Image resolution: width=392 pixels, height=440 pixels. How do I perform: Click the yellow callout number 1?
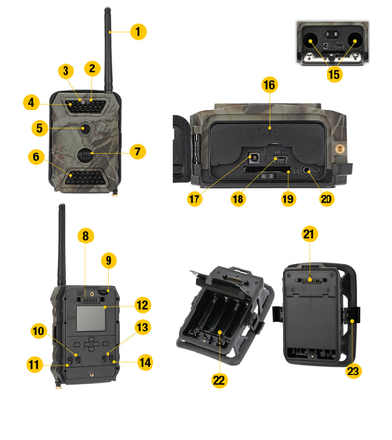[x=138, y=32]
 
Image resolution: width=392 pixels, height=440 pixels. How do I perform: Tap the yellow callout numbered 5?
[x=39, y=128]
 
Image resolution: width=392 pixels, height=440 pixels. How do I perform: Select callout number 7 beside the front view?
[x=137, y=152]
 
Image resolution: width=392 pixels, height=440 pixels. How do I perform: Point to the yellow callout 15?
[x=334, y=74]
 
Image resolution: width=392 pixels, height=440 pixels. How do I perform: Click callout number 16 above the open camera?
[x=269, y=85]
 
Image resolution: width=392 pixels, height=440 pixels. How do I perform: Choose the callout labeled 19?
[x=288, y=198]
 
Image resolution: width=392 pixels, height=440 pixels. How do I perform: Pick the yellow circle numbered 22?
[x=219, y=380]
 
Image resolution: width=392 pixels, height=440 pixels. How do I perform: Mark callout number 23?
[x=353, y=371]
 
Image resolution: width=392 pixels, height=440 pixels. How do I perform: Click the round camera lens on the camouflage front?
[x=86, y=128]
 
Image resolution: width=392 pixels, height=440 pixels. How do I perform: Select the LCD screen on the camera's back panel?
[x=91, y=319]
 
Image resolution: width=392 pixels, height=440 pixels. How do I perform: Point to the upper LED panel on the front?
[x=86, y=107]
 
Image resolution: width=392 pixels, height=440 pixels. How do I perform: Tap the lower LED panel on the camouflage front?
[x=86, y=176]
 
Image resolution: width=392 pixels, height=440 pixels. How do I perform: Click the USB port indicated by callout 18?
[x=281, y=159]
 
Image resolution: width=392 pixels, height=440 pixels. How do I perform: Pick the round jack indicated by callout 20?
[x=307, y=170]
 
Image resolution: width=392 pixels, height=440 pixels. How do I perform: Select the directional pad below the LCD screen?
[x=91, y=344]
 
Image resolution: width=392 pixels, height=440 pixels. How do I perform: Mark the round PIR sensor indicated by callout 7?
[x=85, y=154]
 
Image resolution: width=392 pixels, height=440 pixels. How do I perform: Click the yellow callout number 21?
[x=309, y=234]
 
